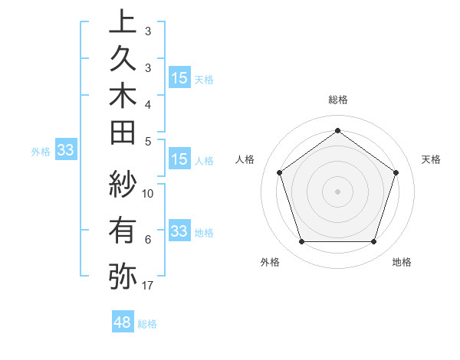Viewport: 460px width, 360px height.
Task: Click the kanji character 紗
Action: coord(123,185)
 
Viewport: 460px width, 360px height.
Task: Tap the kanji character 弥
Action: coord(123,275)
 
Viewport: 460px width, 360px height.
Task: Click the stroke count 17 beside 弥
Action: coord(148,286)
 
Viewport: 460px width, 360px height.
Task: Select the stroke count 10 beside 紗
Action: coord(148,193)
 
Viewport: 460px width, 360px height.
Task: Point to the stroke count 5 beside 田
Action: coord(148,141)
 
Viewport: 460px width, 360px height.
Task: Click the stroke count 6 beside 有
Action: coord(148,240)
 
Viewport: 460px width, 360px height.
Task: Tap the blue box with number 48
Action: coord(122,323)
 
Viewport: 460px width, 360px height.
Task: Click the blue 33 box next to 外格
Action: coord(65,150)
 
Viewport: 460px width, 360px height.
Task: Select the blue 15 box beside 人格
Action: coord(179,160)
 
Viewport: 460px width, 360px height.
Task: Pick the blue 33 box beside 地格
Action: coord(179,231)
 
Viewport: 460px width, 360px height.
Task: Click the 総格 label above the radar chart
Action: coord(338,100)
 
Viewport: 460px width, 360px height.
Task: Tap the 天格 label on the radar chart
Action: coord(431,159)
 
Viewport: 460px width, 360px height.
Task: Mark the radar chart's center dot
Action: coord(337,191)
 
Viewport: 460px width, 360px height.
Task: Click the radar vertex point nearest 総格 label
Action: coord(337,130)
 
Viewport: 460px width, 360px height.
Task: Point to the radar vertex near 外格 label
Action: coord(301,242)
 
